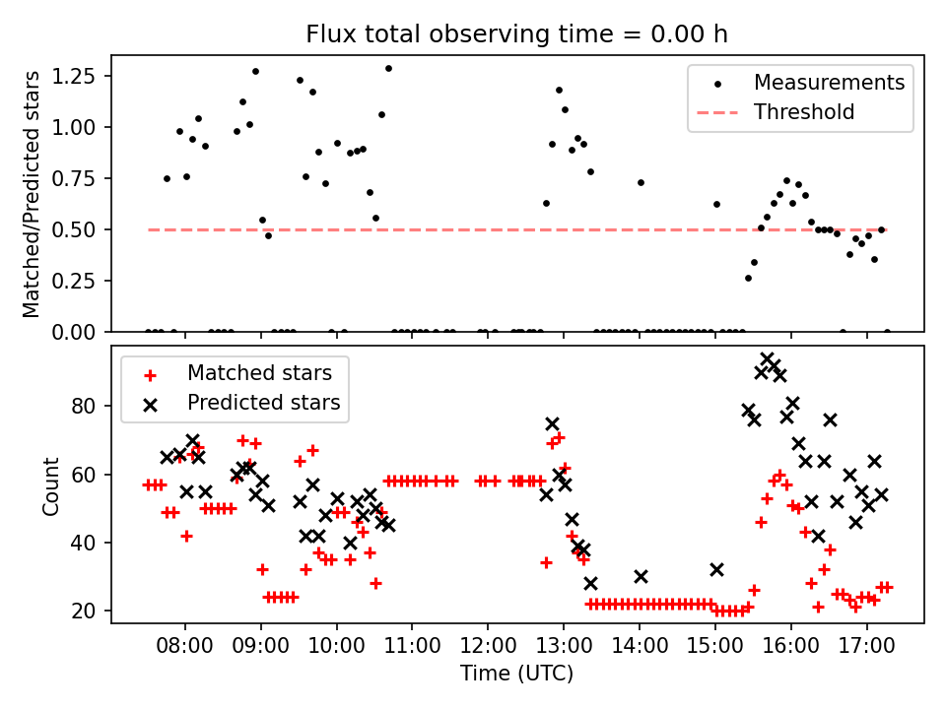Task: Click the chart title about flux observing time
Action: [x=517, y=34]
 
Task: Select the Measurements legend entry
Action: [x=829, y=83]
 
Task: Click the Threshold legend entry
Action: [x=803, y=112]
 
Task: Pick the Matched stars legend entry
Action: [x=259, y=373]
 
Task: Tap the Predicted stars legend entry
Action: [x=263, y=403]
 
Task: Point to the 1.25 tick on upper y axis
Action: [x=74, y=76]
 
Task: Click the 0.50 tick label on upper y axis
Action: [x=74, y=229]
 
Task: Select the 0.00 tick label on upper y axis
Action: [x=74, y=332]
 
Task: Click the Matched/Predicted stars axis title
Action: [x=33, y=193]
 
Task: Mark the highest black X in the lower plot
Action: [x=768, y=359]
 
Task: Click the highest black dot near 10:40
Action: [x=388, y=68]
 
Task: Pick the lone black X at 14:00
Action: [x=641, y=576]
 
